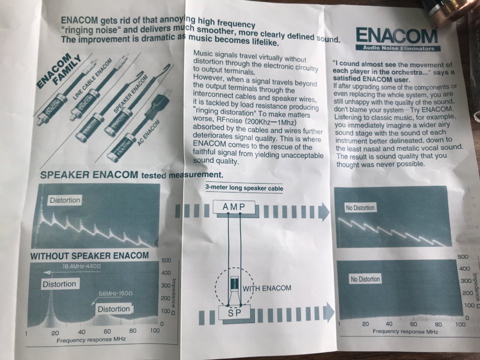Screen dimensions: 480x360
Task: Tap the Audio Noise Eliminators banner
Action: pyautogui.click(x=398, y=48)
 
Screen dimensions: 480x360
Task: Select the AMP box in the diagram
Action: pyautogui.click(x=234, y=207)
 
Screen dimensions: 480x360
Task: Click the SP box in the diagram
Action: pyautogui.click(x=234, y=312)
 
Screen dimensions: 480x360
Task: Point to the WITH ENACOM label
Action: pyautogui.click(x=267, y=288)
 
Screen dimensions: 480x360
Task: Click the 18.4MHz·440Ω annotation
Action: pyautogui.click(x=81, y=266)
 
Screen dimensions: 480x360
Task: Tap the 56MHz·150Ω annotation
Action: pyautogui.click(x=115, y=293)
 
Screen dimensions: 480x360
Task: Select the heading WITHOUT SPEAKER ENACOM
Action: pyautogui.click(x=89, y=256)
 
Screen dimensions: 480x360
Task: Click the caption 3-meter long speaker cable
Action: pyautogui.click(x=244, y=188)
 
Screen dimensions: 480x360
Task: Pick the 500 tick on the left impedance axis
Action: pyautogui.click(x=166, y=260)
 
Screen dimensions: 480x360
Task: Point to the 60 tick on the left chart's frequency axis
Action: pyautogui.click(x=107, y=331)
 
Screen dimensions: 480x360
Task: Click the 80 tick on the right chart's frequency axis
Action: pyautogui.click(x=438, y=324)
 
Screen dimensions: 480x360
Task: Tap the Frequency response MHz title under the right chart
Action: pyautogui.click(x=405, y=331)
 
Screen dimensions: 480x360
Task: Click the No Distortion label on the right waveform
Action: pyautogui.click(x=360, y=208)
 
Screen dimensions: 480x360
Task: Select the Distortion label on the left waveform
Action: pyautogui.click(x=65, y=200)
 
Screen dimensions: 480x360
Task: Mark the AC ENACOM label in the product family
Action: pyautogui.click(x=149, y=132)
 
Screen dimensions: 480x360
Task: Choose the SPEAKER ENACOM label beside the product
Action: pyautogui.click(x=130, y=94)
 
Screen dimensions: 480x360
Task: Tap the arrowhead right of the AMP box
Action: pyautogui.click(x=324, y=211)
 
